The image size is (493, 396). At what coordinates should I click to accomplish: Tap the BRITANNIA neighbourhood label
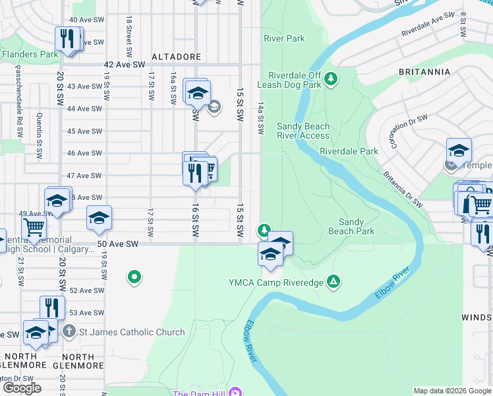[424, 71]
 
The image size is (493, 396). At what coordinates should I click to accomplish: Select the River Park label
[284, 38]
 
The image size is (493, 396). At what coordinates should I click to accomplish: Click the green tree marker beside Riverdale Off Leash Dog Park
[331, 79]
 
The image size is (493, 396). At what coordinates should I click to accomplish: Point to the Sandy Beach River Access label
[303, 131]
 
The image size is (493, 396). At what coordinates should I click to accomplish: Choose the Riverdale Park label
[349, 151]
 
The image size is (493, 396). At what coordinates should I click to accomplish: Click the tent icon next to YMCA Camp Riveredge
[334, 282]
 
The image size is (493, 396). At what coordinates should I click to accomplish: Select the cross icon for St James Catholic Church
[70, 331]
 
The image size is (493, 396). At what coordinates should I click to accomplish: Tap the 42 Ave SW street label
[125, 65]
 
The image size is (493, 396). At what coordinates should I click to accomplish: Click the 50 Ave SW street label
[119, 244]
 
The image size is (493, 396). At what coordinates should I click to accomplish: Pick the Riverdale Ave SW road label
[428, 23]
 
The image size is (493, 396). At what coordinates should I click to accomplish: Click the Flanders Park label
[30, 54]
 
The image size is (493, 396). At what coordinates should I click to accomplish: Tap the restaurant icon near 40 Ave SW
[67, 38]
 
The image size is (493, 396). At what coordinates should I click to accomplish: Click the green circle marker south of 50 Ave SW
[134, 277]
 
